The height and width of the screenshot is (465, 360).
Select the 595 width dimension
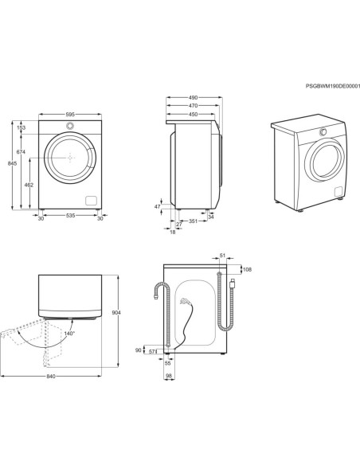pyautogui.click(x=70, y=115)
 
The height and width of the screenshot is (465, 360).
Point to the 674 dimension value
pyautogui.click(x=22, y=151)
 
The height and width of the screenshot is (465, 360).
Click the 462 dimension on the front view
pyautogui.click(x=29, y=185)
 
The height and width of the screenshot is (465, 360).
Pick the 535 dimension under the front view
pyautogui.click(x=70, y=216)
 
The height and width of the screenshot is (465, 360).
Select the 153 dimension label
pyautogui.click(x=22, y=127)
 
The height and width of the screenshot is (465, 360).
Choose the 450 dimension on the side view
pyautogui.click(x=192, y=114)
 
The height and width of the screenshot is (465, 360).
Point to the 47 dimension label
pyautogui.click(x=158, y=206)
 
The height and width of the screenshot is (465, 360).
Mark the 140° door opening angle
pyautogui.click(x=69, y=334)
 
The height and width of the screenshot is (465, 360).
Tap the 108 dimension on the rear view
pyautogui.click(x=246, y=270)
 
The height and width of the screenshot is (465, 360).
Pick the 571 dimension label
pyautogui.click(x=153, y=350)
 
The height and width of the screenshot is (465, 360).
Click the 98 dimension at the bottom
pyautogui.click(x=168, y=377)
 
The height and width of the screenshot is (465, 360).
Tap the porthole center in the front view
pyautogui.click(x=70, y=157)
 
